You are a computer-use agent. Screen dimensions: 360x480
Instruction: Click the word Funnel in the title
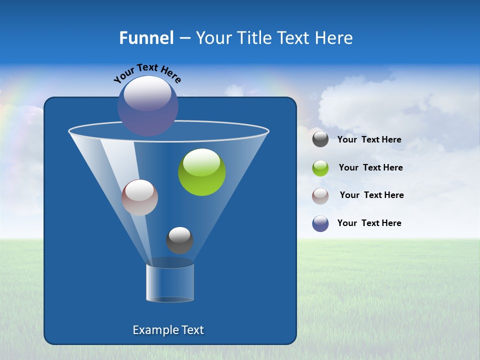(x=146, y=38)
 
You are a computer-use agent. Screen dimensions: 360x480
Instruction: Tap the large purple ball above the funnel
(x=148, y=105)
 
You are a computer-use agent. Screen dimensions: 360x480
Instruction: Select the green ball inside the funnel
(x=201, y=172)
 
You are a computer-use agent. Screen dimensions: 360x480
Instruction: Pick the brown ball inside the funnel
(x=139, y=197)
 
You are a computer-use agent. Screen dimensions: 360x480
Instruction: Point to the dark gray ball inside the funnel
(x=179, y=240)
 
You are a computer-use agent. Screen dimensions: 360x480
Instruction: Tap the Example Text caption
(x=168, y=330)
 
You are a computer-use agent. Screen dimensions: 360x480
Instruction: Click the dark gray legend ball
(x=320, y=139)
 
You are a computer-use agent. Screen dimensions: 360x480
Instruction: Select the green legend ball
(x=320, y=168)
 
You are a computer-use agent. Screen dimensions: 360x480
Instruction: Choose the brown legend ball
(x=320, y=196)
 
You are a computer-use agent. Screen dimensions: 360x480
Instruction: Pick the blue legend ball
(x=320, y=223)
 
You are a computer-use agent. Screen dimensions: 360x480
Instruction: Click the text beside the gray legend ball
(x=369, y=140)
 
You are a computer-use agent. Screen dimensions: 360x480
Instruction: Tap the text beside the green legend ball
(x=370, y=168)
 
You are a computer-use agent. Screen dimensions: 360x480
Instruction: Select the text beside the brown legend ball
(x=371, y=195)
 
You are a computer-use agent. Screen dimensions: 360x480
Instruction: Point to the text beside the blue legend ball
(x=369, y=223)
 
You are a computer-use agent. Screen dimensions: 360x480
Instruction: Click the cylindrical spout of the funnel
(x=170, y=282)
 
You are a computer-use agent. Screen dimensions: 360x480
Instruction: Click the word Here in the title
(x=334, y=38)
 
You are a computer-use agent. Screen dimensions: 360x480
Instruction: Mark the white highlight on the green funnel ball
(x=201, y=161)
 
